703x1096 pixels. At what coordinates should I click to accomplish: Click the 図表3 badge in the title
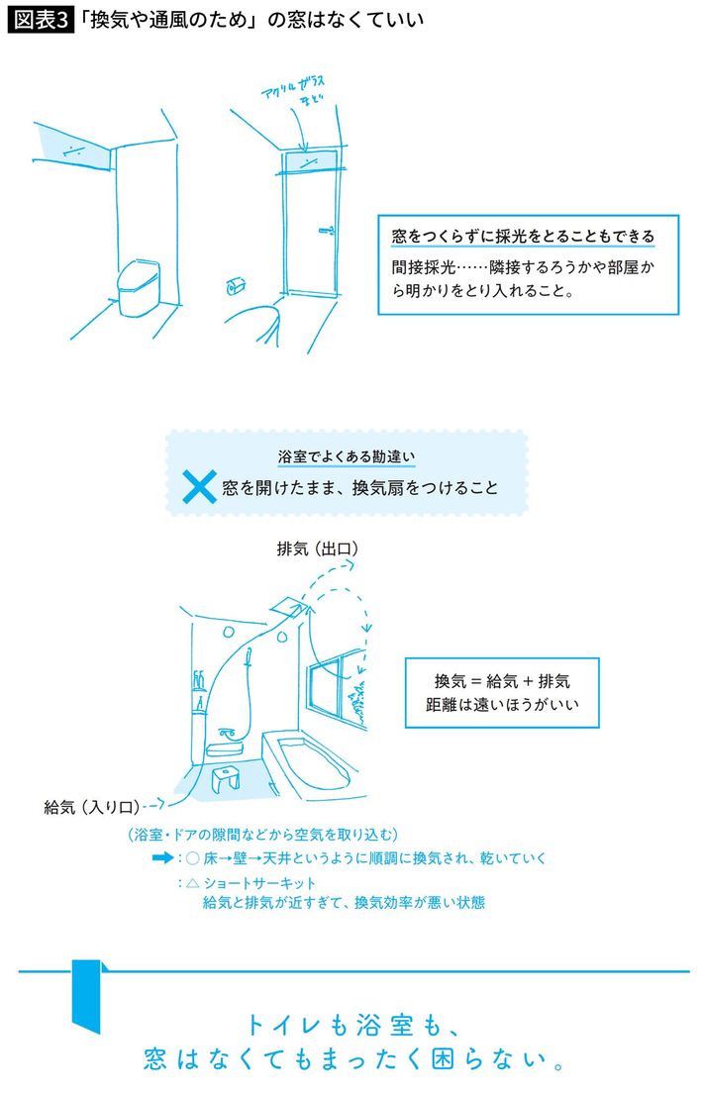[40, 19]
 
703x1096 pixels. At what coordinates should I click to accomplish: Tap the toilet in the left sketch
[138, 287]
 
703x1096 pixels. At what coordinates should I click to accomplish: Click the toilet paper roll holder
[236, 286]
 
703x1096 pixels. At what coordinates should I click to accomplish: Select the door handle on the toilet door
[327, 230]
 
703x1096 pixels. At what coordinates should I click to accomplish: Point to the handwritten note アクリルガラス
[293, 86]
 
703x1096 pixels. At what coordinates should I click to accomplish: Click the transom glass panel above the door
[310, 161]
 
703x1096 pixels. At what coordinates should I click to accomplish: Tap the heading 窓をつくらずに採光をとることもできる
[523, 237]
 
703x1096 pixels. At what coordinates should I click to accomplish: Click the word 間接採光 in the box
[424, 267]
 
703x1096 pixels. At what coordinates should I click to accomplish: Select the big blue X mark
[199, 486]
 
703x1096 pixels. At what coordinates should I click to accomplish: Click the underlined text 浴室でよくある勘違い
[347, 456]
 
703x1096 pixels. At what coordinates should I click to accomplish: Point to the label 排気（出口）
[318, 549]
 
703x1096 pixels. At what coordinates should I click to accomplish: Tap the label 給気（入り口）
[92, 807]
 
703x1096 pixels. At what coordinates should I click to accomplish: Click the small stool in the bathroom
[225, 777]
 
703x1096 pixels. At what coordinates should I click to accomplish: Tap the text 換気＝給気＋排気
[502, 681]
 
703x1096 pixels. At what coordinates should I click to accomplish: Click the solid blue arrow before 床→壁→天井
[162, 857]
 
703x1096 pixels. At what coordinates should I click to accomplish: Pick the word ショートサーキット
[260, 883]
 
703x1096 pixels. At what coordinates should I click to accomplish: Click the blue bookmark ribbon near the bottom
[87, 996]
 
